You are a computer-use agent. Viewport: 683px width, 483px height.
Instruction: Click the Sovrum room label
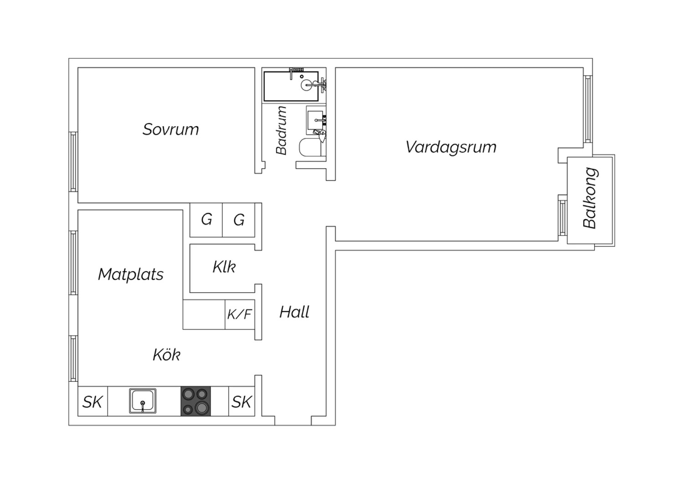pos(171,129)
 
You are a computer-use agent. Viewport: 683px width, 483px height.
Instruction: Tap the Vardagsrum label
pos(451,147)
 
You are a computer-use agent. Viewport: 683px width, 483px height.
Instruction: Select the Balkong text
pos(590,198)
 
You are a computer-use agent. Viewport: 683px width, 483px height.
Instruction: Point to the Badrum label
pos(281,130)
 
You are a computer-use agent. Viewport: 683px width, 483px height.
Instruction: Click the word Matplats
pos(131,274)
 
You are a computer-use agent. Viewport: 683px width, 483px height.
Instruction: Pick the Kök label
pos(167,355)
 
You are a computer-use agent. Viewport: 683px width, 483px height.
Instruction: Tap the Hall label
pos(294,312)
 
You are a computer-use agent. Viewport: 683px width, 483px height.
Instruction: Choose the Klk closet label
pos(224,267)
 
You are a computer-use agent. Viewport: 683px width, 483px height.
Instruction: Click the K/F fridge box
pos(240,314)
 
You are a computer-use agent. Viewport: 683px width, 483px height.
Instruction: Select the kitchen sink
pos(143,401)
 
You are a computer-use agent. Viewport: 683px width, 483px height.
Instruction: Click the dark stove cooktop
pos(196,401)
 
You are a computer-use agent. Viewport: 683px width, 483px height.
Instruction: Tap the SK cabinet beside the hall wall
pos(241,401)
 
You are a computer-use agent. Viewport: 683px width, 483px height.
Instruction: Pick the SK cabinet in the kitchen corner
pos(93,401)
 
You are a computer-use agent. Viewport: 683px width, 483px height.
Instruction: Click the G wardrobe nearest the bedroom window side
pos(206,220)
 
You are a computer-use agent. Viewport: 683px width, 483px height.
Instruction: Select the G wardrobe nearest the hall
pos(239,220)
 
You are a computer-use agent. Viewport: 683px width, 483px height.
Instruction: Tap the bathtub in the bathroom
pos(291,87)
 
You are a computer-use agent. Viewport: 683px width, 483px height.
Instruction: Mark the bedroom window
pos(73,162)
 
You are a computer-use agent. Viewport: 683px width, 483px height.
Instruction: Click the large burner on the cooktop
pos(203,408)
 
